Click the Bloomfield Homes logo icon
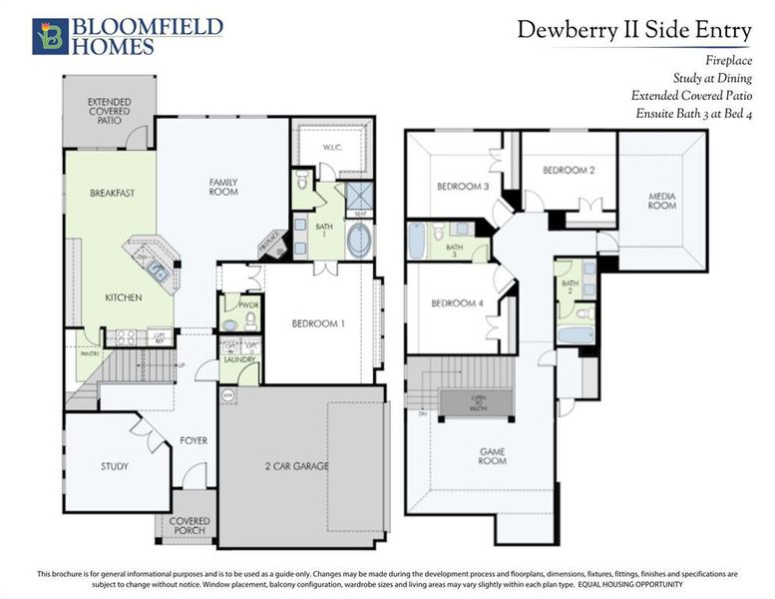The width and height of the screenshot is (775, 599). [x=50, y=36]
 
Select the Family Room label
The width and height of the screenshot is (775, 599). [x=223, y=187]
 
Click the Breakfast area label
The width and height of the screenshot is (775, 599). [x=112, y=193]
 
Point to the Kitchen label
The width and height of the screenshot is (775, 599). [x=124, y=298]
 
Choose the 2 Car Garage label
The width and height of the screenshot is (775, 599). [x=296, y=466]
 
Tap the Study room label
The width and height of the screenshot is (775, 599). [x=115, y=466]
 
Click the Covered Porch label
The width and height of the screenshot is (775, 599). [x=190, y=525]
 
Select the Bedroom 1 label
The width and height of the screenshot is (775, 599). [x=318, y=324]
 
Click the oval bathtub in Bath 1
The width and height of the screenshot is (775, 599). [x=359, y=241]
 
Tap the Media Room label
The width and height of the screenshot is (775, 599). [x=661, y=201]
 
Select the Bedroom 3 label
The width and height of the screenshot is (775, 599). [x=462, y=187]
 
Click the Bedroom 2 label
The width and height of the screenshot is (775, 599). [x=569, y=171]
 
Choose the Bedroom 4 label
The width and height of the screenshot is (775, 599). [x=457, y=303]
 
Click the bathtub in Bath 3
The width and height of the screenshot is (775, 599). [x=417, y=241]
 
